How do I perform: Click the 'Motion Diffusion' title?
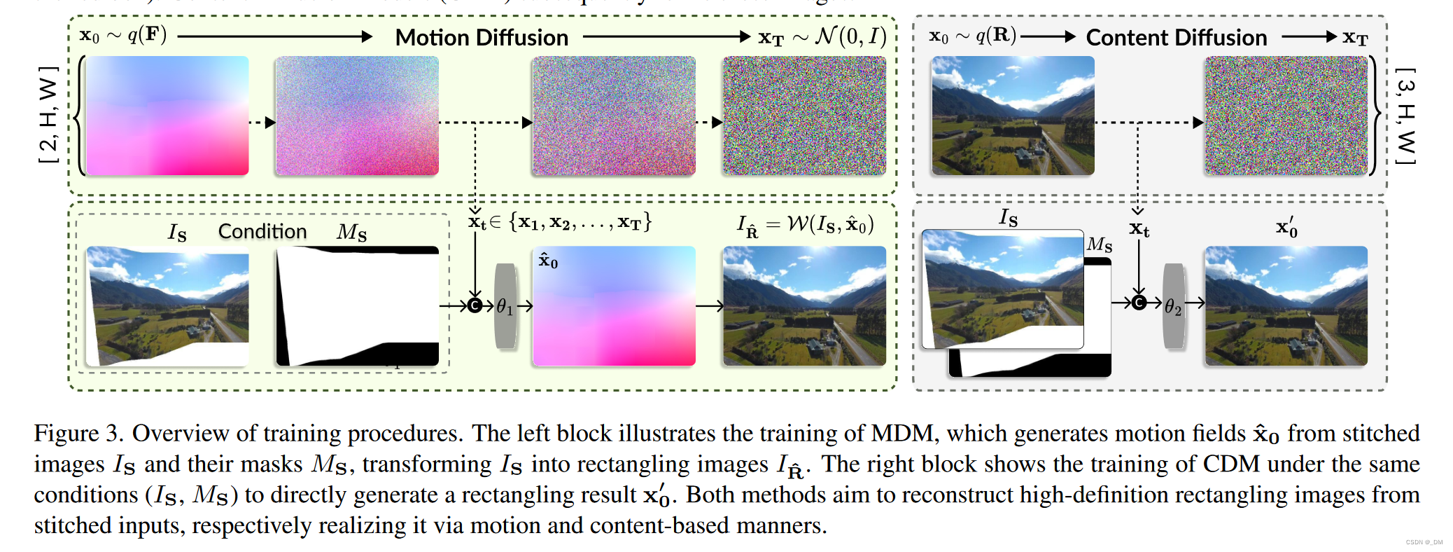coord(482,37)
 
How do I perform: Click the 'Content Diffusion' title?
coord(1176,37)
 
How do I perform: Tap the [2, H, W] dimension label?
coord(48,115)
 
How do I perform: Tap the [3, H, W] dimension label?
coord(1405,116)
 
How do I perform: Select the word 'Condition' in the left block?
coord(262,231)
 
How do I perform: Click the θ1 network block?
coord(505,306)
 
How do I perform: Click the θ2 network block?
coord(1174,306)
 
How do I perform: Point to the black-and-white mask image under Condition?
coord(357,306)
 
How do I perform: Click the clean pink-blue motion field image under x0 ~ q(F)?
coord(167,116)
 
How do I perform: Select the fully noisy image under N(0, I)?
coord(804,116)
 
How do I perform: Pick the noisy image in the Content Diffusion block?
coord(1286,116)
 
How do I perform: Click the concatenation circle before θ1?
coord(475,305)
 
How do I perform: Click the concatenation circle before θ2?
coord(1139,303)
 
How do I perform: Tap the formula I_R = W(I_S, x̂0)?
coord(805,225)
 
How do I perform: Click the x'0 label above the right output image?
coord(1286,228)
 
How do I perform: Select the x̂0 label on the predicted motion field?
coord(548,261)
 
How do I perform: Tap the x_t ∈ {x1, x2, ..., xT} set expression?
coord(560,223)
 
